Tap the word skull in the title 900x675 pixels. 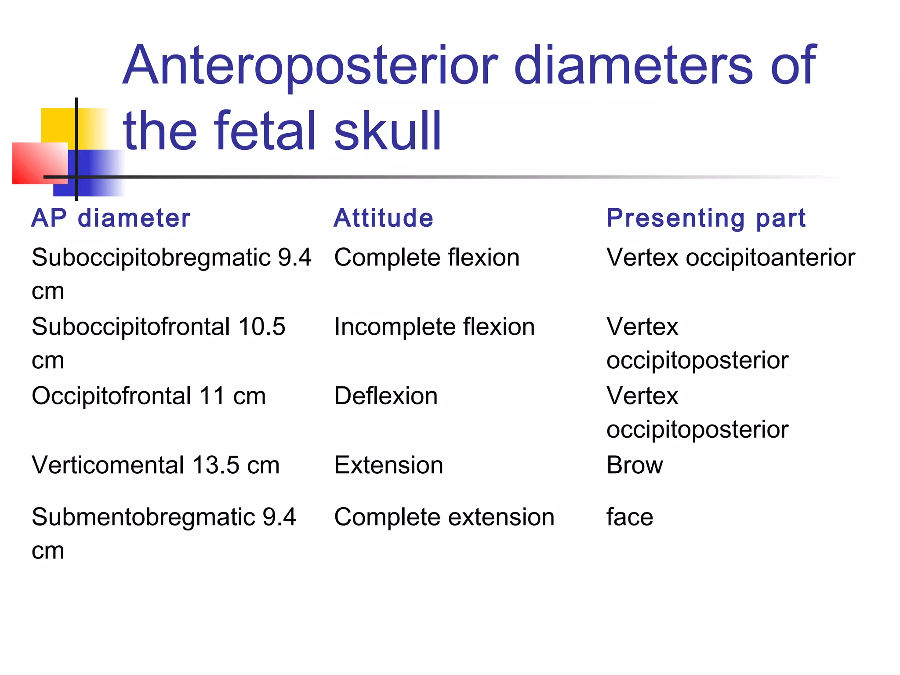click(x=387, y=131)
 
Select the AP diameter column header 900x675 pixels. click(x=111, y=218)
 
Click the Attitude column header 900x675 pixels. click(x=383, y=218)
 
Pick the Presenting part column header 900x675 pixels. click(x=706, y=218)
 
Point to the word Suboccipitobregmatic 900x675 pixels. click(x=151, y=258)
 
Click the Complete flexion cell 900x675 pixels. click(x=426, y=258)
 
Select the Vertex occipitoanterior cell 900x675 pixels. click(x=730, y=258)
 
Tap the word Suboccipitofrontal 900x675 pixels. click(x=131, y=327)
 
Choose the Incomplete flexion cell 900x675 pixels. click(x=434, y=327)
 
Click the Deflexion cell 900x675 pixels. click(x=385, y=396)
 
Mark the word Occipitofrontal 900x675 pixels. click(x=111, y=396)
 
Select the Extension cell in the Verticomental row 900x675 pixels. click(x=388, y=465)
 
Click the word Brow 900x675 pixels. click(x=634, y=465)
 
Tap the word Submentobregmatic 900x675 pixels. click(x=143, y=517)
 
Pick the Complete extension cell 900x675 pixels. click(x=444, y=517)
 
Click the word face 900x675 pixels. click(x=629, y=517)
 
